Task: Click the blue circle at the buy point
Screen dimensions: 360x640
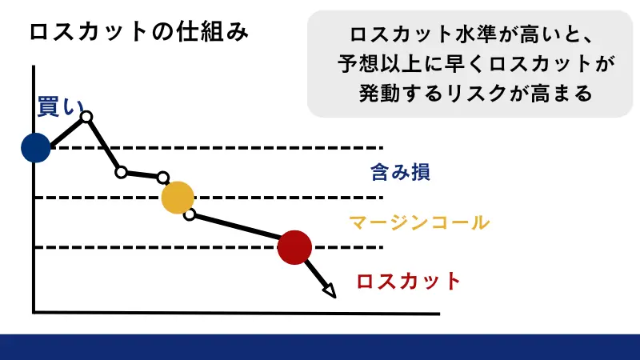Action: [x=35, y=147]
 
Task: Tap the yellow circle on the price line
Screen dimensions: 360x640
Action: [x=177, y=198]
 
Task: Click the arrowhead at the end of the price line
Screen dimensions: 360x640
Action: [x=329, y=290]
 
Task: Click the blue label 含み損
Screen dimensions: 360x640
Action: [x=400, y=172]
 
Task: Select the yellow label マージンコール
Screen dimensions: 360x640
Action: [x=418, y=222]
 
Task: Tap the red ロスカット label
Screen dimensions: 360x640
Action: [x=409, y=281]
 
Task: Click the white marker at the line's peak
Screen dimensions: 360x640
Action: [x=86, y=118]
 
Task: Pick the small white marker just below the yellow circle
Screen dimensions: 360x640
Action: [x=190, y=214]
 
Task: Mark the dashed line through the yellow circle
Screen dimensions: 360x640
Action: [x=280, y=198]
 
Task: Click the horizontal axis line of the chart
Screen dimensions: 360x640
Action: [x=240, y=311]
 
